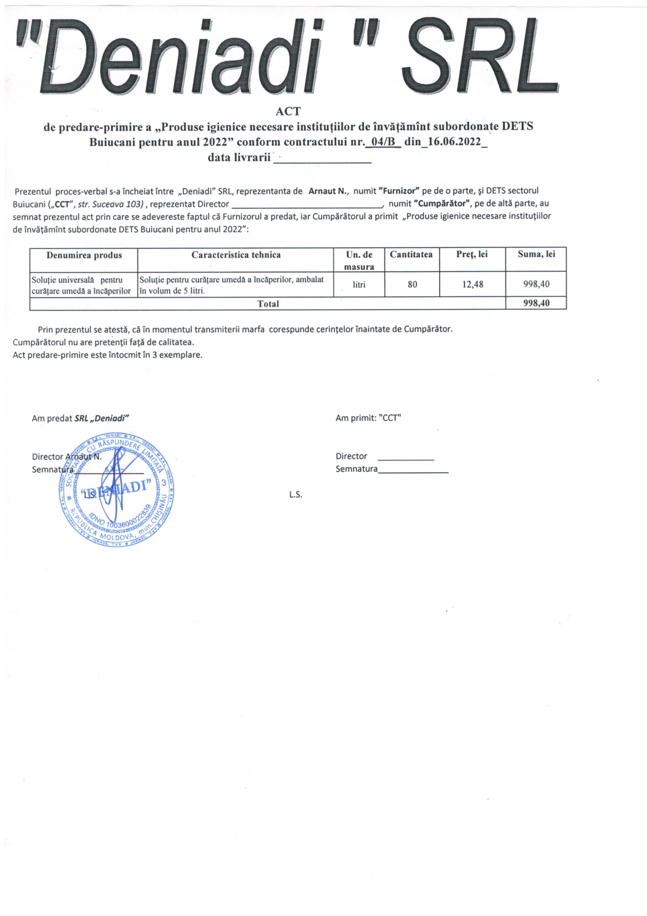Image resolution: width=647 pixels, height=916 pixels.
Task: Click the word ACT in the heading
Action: pyautogui.click(x=291, y=111)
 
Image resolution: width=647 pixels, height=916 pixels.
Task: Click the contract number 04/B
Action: pyautogui.click(x=382, y=142)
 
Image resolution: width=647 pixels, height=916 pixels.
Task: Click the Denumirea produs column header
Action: pyautogui.click(x=84, y=255)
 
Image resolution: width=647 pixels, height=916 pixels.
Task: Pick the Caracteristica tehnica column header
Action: pyautogui.click(x=236, y=255)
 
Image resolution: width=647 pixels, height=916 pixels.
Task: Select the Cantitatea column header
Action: pyautogui.click(x=411, y=254)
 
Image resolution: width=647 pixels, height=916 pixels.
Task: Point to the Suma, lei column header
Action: pyautogui.click(x=536, y=254)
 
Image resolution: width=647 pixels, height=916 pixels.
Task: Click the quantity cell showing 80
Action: pyautogui.click(x=412, y=284)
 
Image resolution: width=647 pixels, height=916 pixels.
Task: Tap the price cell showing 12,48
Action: pyautogui.click(x=473, y=284)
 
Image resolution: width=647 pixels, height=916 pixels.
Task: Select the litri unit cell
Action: pyautogui.click(x=359, y=284)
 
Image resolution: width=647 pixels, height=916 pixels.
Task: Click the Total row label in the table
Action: pyautogui.click(x=268, y=304)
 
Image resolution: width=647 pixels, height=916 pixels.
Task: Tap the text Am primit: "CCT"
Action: pyautogui.click(x=368, y=418)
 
